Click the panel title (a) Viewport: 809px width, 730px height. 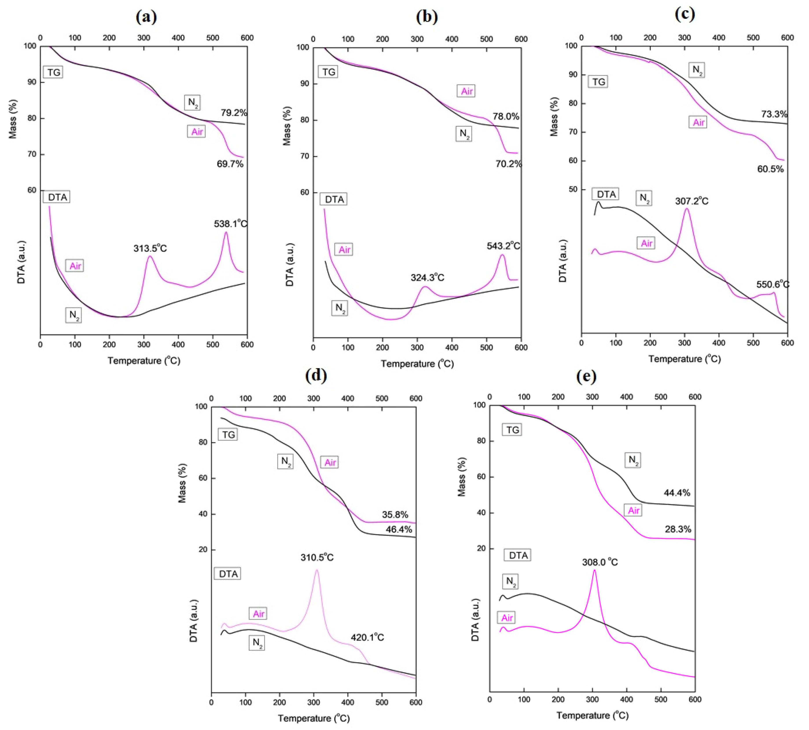[146, 17]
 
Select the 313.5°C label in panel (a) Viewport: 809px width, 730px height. [150, 248]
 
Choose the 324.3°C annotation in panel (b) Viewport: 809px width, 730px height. [427, 278]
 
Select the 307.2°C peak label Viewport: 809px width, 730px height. [691, 201]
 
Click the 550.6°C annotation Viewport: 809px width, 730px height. [772, 284]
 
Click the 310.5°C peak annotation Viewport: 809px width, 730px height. [317, 557]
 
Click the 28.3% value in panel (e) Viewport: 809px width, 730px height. [678, 529]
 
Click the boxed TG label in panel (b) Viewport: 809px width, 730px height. [329, 72]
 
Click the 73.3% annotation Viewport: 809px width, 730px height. [774, 114]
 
